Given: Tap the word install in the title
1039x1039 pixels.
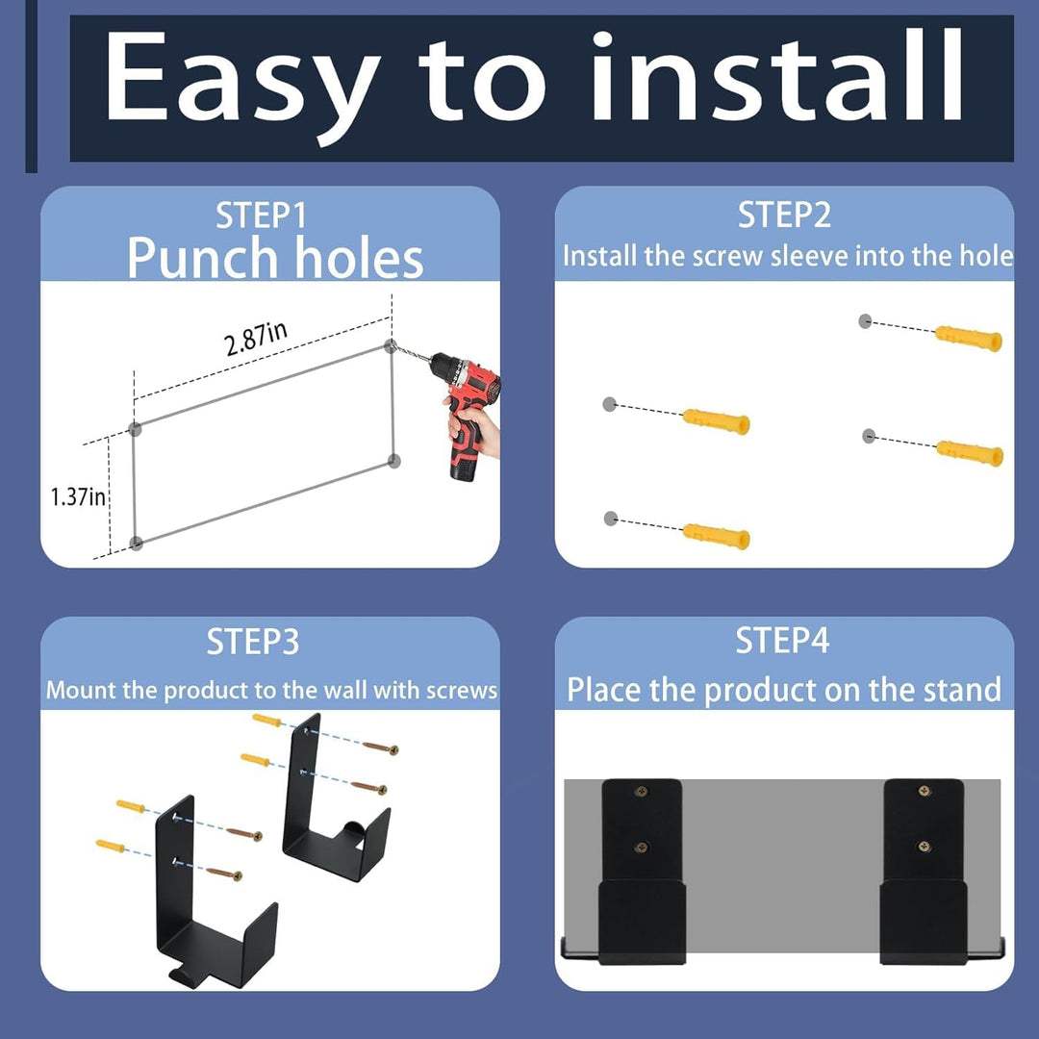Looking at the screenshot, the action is point(776,75).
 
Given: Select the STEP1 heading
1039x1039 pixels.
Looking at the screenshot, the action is point(261,215).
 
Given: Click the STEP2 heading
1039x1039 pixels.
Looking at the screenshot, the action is point(784,215).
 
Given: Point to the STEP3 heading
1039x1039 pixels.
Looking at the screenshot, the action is point(252,642).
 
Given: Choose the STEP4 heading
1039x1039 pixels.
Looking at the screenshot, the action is point(782,641).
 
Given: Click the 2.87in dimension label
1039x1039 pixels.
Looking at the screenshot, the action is point(256,339).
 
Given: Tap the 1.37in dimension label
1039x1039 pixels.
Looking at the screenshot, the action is point(78,496).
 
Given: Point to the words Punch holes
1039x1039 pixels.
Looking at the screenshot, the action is point(275,258).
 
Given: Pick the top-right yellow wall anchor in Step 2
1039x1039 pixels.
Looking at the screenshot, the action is point(968,338).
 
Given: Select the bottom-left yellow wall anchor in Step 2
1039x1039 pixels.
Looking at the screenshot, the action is point(717,536).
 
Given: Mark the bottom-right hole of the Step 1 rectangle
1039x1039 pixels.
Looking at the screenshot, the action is point(394,461).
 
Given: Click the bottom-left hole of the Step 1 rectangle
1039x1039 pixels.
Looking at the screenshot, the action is point(136,544).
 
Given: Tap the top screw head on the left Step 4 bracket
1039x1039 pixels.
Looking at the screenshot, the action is point(641,791).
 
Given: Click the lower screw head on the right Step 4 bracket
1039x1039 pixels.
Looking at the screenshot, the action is point(924,847).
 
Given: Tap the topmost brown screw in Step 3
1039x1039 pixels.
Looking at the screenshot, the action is point(380,747).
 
